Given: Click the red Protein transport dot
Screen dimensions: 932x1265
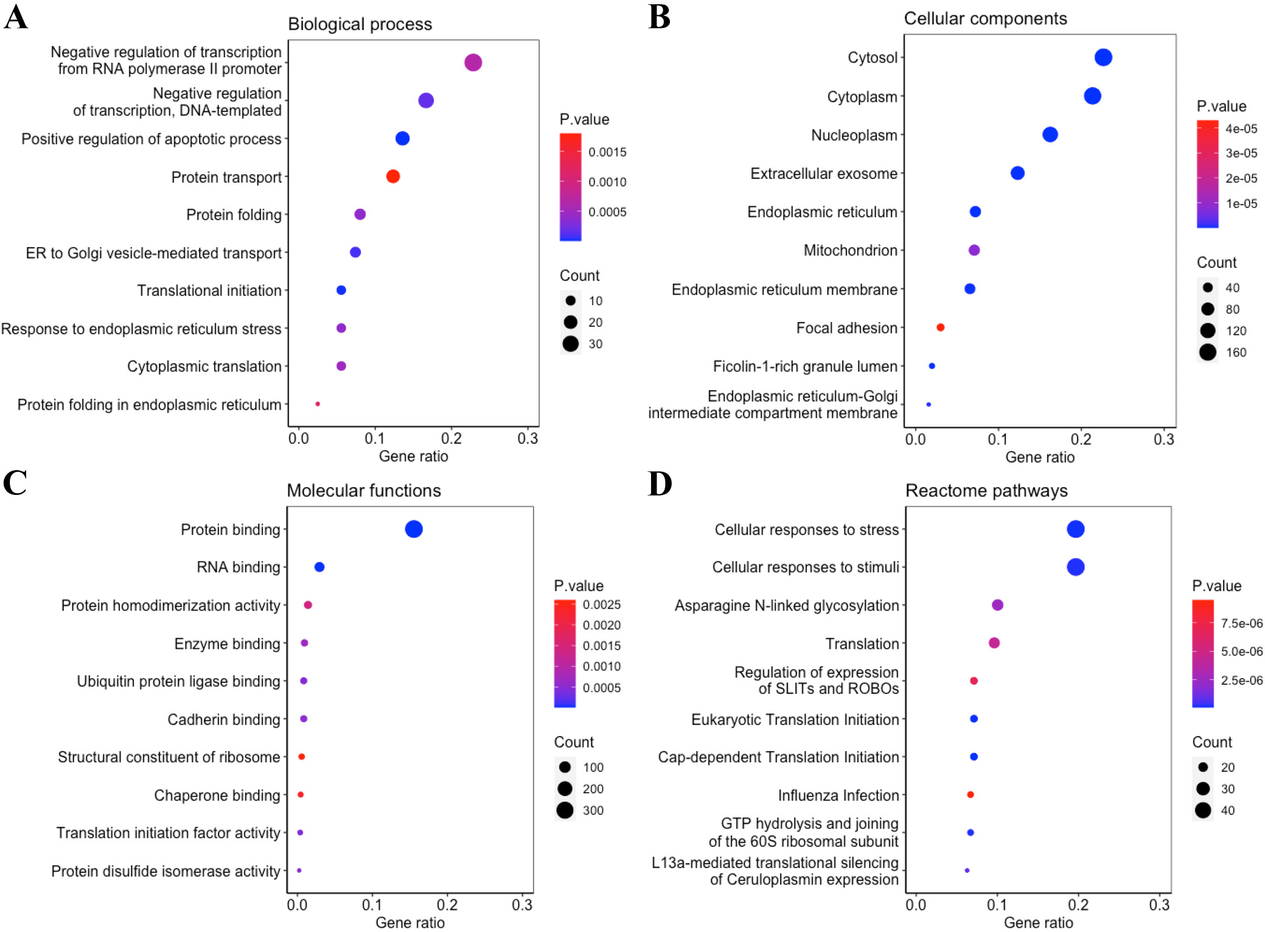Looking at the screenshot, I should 393,177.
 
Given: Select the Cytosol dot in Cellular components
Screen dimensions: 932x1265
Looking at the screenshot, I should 1103,57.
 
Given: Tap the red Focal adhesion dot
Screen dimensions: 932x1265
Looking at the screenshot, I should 940,328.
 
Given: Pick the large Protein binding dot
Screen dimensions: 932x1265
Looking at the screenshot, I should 414,529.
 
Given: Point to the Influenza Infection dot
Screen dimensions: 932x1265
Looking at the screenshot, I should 971,794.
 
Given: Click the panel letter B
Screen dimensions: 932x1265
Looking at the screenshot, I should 660,17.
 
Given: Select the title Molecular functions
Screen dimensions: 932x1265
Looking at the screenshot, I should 364,491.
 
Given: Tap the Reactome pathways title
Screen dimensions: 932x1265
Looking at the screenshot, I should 986,491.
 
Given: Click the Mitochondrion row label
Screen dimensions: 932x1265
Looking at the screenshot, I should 850,250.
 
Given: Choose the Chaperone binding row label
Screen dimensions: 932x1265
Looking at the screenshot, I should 217,795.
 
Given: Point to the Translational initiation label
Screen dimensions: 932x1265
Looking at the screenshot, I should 209,290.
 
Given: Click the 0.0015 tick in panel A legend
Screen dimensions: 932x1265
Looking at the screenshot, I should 607,152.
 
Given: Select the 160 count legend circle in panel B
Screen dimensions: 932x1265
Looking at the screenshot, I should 1208,352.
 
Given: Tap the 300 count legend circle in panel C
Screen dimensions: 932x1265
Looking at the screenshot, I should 565,810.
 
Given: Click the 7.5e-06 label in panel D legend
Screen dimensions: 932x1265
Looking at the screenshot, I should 1241,623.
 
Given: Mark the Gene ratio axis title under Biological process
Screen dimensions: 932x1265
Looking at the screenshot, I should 413,457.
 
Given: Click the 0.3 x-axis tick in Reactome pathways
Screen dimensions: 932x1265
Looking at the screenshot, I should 1159,905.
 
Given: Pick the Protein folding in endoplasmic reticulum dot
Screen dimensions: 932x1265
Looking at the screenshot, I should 318,404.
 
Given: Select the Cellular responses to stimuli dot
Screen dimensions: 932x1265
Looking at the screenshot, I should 1076,567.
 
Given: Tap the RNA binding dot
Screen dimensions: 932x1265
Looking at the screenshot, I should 319,567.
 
